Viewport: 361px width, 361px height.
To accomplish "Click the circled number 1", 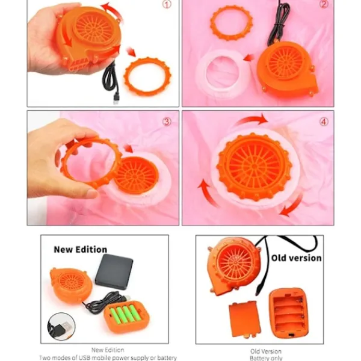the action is [167, 4].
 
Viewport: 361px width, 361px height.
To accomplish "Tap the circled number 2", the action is [324, 4].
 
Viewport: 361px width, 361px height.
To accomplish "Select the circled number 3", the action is [167, 122].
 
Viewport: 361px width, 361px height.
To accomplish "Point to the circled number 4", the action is [324, 122].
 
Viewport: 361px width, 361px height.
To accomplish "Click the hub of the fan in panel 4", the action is [254, 166].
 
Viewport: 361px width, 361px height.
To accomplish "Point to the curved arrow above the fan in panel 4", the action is [252, 120].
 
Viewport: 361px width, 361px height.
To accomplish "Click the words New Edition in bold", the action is [81, 250].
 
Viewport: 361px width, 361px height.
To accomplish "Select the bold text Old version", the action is [296, 258].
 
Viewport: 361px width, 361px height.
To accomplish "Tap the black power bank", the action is [114, 272].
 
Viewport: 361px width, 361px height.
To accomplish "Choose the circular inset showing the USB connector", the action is [61, 327].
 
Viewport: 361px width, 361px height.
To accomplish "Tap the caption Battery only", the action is [266, 358].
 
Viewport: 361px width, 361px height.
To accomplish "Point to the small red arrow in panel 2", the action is [249, 57].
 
